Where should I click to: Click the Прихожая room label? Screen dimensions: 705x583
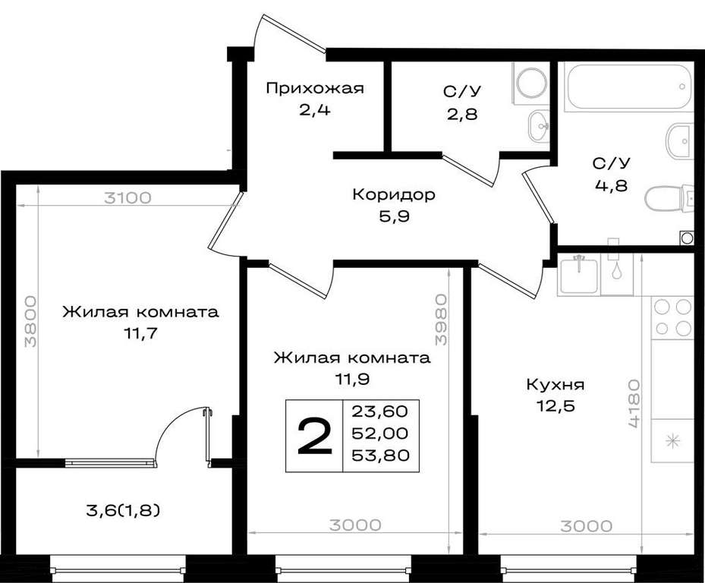315,88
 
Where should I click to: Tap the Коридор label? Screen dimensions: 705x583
394,195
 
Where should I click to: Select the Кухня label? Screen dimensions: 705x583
556,385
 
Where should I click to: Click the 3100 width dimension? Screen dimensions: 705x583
127,198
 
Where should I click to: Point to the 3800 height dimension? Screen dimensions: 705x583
30,321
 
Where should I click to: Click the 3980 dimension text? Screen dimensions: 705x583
442,320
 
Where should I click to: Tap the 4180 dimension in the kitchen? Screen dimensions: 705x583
634,403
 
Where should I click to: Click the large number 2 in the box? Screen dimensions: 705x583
315,436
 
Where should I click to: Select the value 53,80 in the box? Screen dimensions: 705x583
380,455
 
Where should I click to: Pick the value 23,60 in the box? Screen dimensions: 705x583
380,411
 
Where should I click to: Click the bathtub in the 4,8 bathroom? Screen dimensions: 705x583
628,87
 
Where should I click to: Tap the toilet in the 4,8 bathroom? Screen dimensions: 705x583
670,198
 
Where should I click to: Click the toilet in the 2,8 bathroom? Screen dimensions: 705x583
531,84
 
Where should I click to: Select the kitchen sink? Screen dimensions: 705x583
578,274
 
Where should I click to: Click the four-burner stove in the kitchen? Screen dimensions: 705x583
672,317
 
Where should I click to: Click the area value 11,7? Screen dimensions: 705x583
141,334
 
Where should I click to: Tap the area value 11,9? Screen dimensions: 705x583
351,380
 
